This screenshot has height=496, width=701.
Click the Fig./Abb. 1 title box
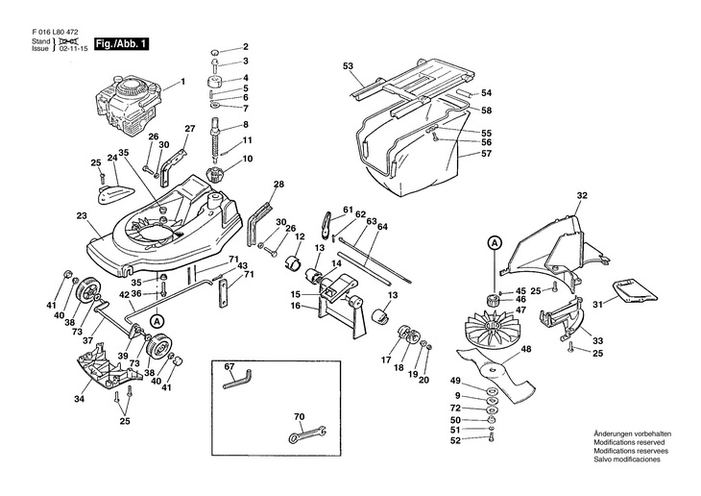click(121, 44)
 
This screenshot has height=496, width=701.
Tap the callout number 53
click(348, 65)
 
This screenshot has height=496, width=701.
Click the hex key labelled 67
click(237, 380)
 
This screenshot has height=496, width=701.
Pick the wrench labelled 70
click(306, 434)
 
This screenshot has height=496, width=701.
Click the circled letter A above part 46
click(495, 243)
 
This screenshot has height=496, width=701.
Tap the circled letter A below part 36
click(157, 321)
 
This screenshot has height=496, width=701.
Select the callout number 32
click(582, 195)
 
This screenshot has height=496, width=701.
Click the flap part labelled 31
click(636, 289)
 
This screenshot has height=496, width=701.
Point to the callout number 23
click(82, 215)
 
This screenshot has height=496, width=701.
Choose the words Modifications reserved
click(629, 443)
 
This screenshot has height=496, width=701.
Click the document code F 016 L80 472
click(55, 33)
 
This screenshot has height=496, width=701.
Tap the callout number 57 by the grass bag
click(486, 153)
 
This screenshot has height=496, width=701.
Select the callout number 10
click(247, 159)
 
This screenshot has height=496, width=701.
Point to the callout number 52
click(455, 440)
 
